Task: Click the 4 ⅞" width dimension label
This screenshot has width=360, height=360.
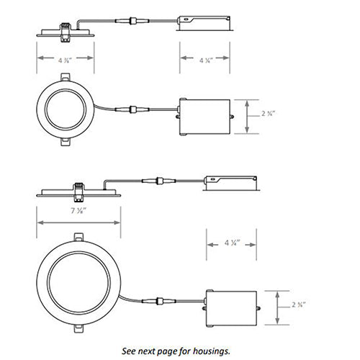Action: click(x=64, y=61)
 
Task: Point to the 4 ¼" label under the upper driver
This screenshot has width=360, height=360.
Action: click(x=204, y=61)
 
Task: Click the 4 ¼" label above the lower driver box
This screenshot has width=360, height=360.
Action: click(x=232, y=244)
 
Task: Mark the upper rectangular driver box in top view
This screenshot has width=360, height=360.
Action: click(x=204, y=115)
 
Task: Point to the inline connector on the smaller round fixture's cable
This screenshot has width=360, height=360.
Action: click(x=133, y=110)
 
